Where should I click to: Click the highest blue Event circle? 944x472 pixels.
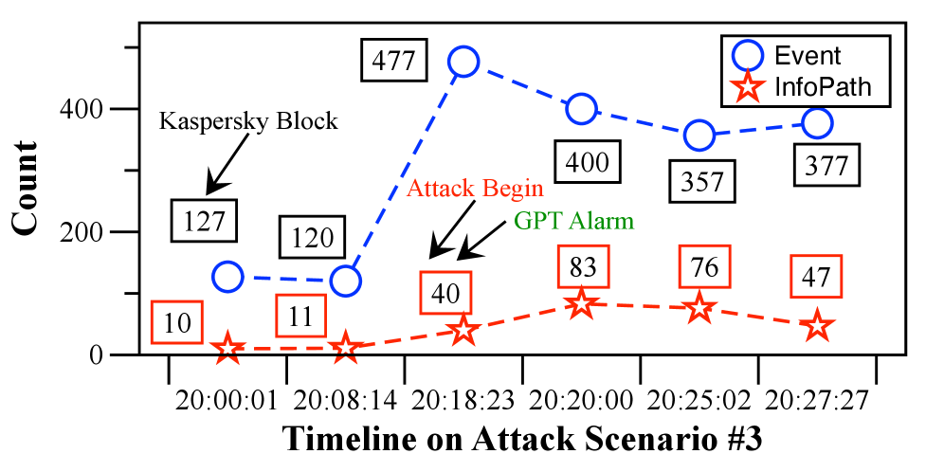coord(463,62)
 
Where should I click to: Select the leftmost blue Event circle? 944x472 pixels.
coord(227,277)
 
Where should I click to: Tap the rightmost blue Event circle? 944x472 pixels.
coord(817,123)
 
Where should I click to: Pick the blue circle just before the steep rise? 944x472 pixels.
coord(346,281)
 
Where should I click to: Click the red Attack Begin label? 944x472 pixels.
coord(474,188)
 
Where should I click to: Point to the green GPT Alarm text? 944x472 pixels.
coord(573,221)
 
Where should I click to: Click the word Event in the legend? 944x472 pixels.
coord(808,56)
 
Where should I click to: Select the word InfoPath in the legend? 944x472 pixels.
coord(823,88)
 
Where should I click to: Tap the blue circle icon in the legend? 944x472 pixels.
coord(749,56)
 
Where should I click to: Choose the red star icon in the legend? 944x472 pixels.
coord(749,88)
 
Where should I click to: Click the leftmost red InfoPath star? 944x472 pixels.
coord(227,348)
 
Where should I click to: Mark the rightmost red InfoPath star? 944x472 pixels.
coord(817,325)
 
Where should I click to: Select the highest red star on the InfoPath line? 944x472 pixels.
coord(581,304)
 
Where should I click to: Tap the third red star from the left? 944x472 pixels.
coord(463,329)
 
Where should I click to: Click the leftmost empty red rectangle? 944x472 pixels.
coord(176,322)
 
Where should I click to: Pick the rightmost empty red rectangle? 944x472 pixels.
coord(816,277)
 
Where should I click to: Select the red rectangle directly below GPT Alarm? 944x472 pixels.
coord(582,266)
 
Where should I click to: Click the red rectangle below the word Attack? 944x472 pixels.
coord(445,292)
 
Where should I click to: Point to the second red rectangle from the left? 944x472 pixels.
coord(300,316)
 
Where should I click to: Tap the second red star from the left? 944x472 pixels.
coord(346,348)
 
